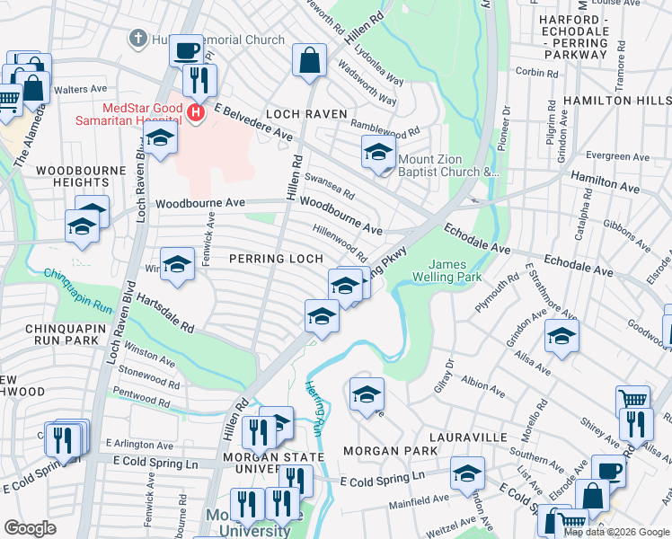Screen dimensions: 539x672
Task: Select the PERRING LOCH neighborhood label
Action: tap(275, 259)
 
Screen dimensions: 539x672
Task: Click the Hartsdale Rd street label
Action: tap(161, 314)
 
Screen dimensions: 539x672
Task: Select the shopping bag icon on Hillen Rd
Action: tap(309, 61)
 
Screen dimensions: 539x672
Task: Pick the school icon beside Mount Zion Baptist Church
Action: tap(379, 152)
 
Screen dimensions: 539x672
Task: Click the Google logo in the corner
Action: tap(31, 528)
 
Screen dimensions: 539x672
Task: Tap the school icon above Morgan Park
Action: tap(367, 394)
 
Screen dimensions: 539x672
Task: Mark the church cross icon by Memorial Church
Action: tap(137, 39)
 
